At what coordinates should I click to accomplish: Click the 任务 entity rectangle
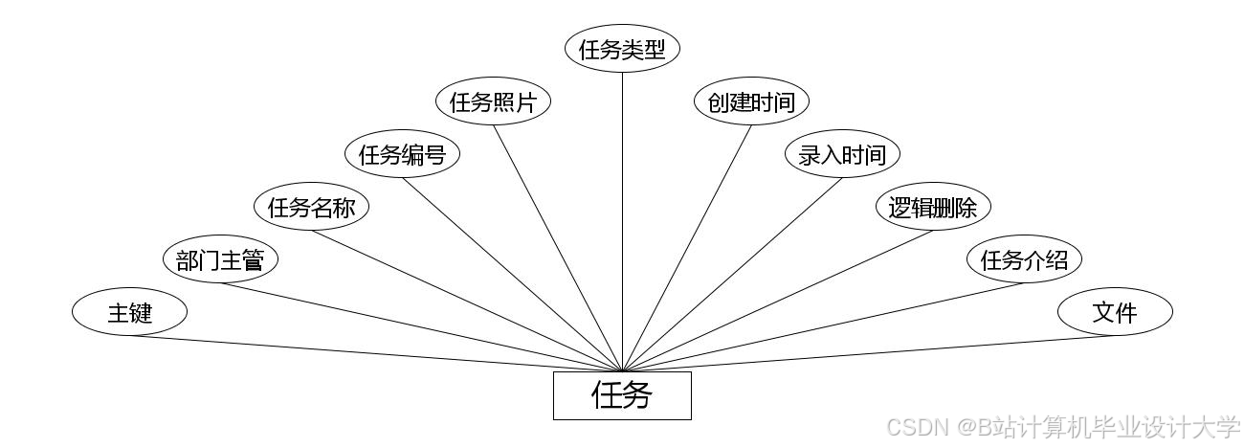tap(622, 395)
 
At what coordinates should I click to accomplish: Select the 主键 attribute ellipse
tap(129, 312)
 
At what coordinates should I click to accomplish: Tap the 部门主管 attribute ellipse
tap(220, 259)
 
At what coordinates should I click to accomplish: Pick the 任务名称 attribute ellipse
tap(311, 207)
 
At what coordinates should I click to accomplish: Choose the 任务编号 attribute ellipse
tap(402, 154)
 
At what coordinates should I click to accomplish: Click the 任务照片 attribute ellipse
tap(493, 102)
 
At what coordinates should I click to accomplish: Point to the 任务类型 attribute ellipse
tap(622, 50)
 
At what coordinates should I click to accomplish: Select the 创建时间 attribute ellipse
tap(751, 102)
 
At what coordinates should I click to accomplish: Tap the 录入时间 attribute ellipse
tap(842, 154)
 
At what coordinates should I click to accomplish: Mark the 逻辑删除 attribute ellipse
tap(933, 207)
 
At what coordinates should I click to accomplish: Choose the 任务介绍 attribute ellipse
tap(1024, 259)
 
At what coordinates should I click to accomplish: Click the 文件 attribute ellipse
tap(1115, 312)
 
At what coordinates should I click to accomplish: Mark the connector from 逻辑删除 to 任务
tap(778, 299)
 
